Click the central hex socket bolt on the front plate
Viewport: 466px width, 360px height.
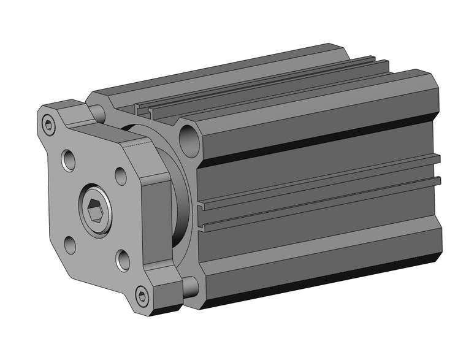click(x=95, y=212)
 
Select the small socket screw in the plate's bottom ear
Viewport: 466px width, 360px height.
click(x=142, y=297)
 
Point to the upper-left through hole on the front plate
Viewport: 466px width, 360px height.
click(x=69, y=161)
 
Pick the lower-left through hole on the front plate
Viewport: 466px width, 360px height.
click(x=71, y=245)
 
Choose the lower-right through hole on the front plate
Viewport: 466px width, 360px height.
click(x=123, y=260)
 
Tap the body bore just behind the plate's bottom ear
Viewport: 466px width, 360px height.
click(x=190, y=286)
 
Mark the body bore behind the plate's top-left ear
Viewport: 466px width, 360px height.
click(x=97, y=112)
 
